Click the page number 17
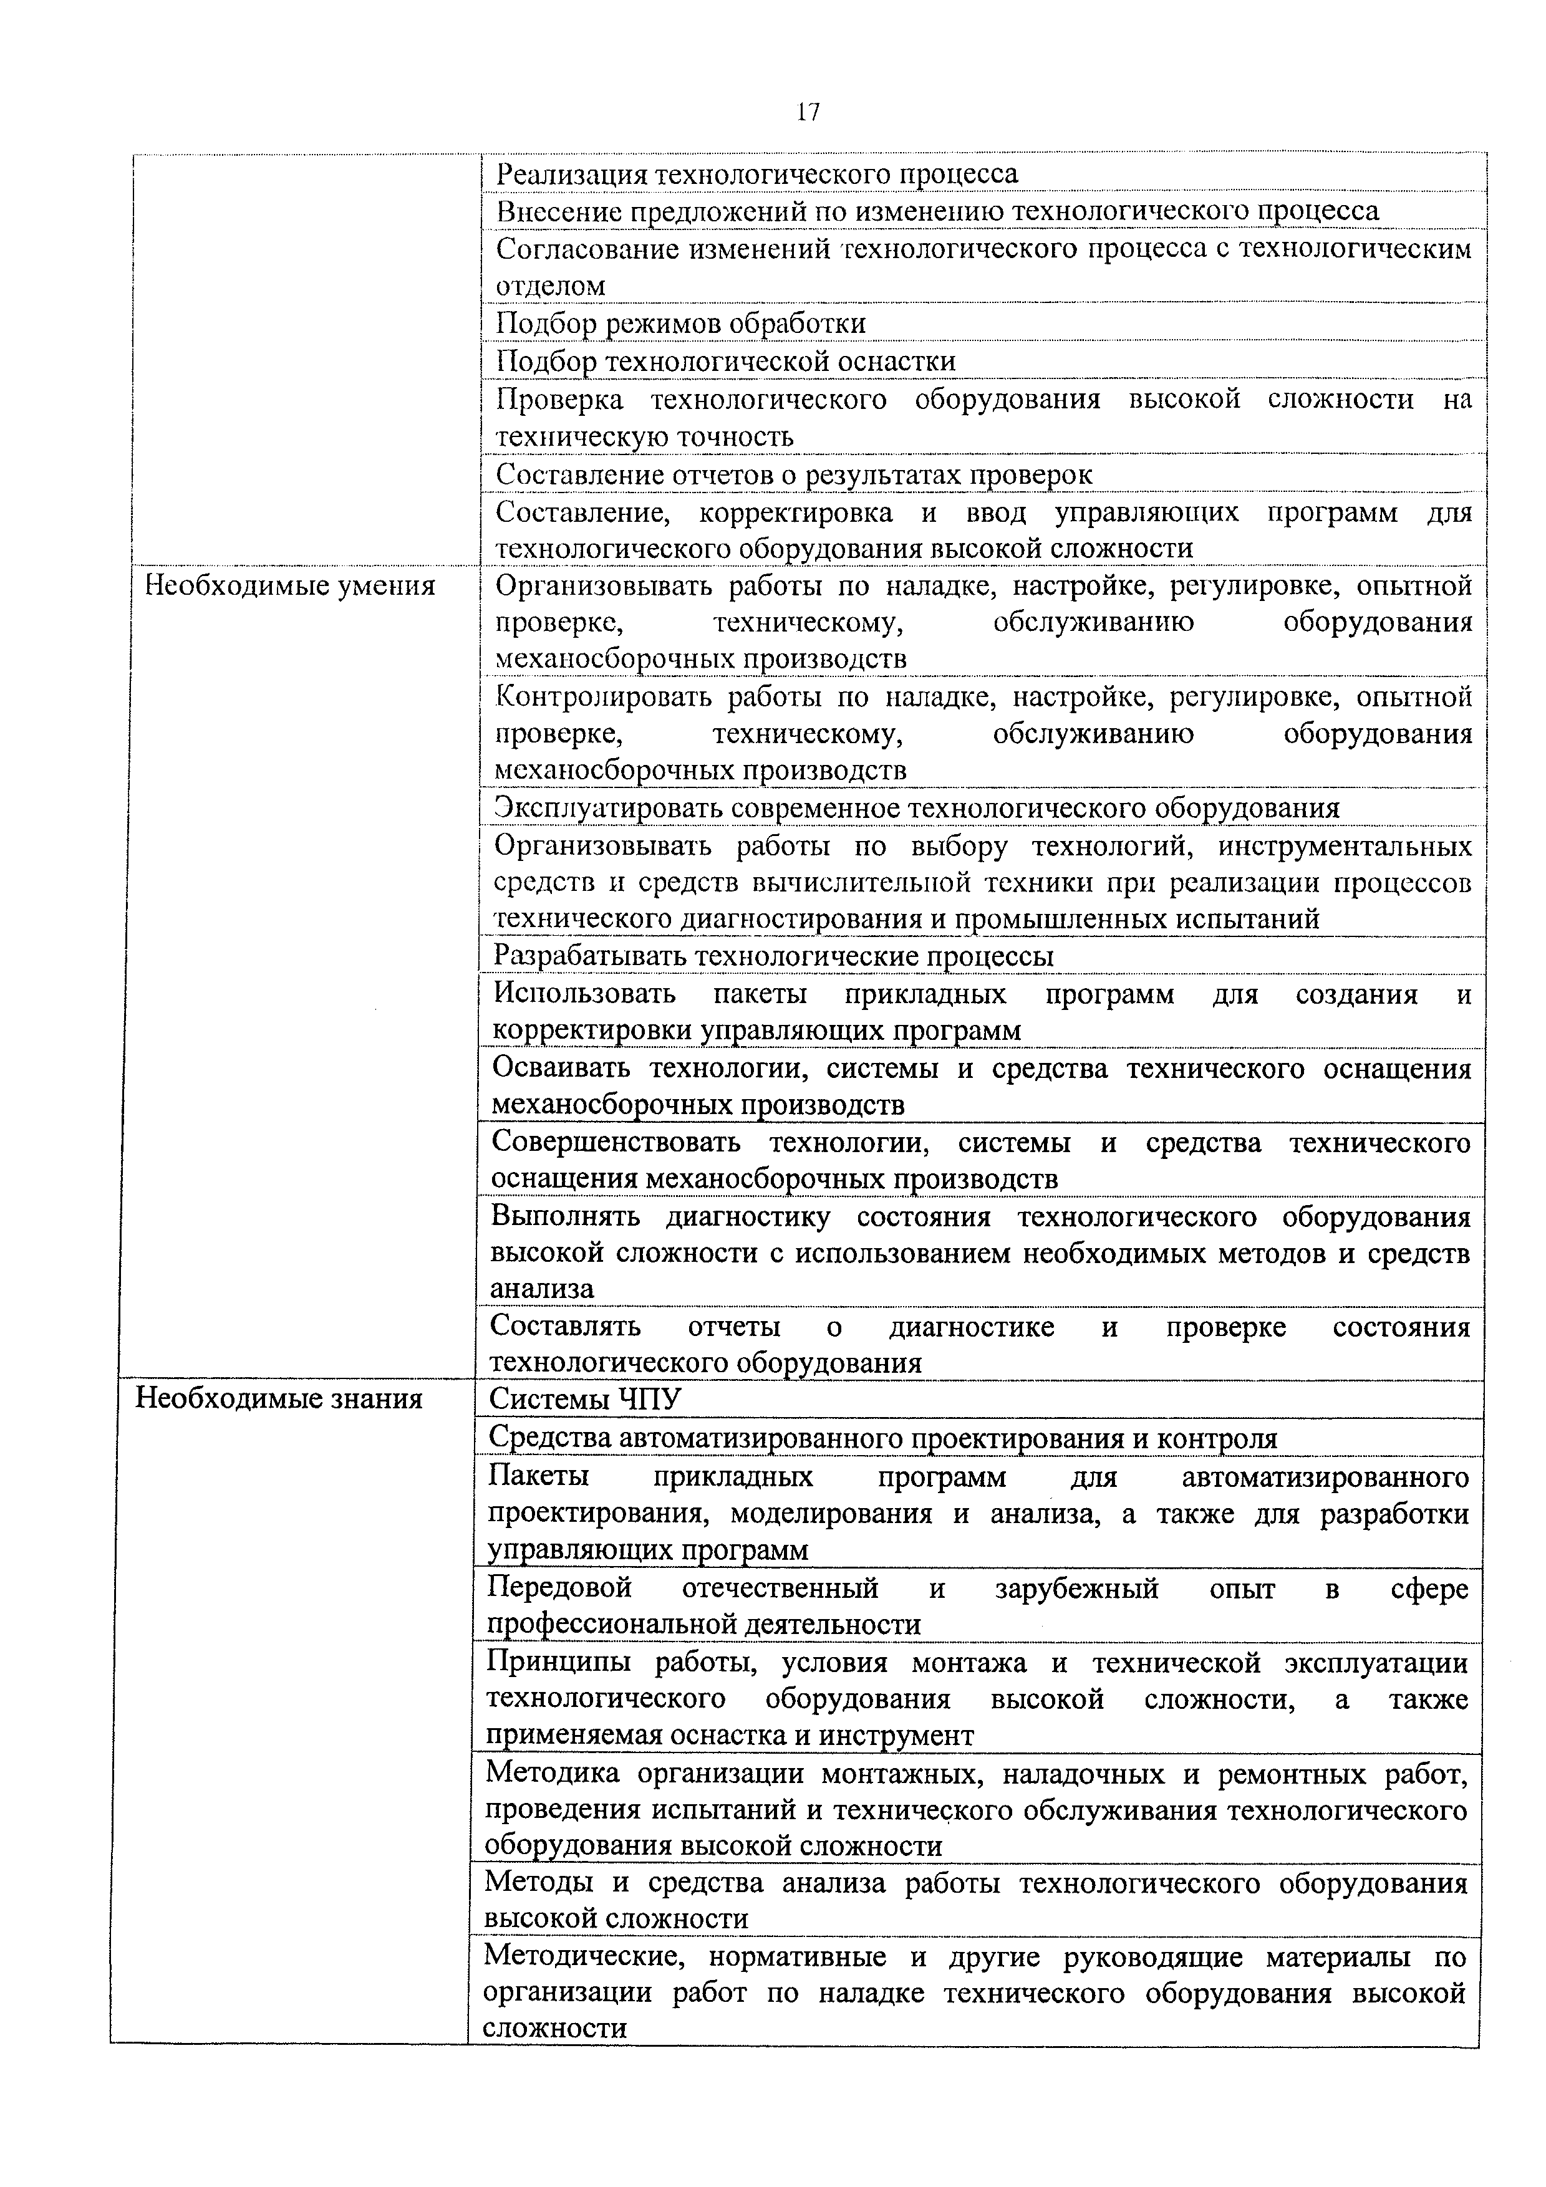pos(807,112)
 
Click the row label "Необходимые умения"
pos(289,586)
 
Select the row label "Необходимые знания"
pos(279,1398)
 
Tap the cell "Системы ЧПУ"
pos(585,1399)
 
